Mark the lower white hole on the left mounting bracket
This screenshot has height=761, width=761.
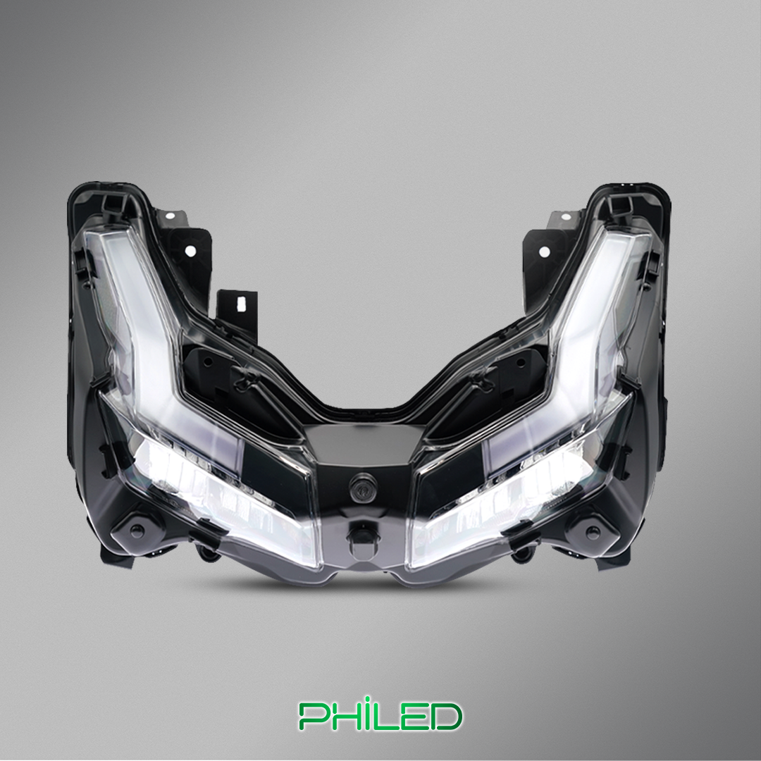[x=191, y=251]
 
